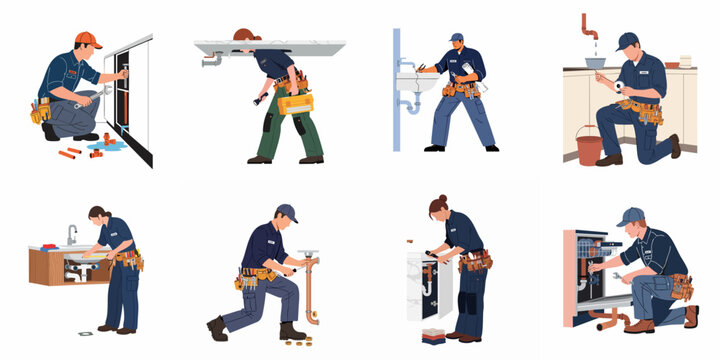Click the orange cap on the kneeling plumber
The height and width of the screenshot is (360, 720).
[87, 40]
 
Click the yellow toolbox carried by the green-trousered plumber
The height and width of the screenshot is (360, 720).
[295, 102]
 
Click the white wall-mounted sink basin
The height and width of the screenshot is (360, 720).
[412, 82]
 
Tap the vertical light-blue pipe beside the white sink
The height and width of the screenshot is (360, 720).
[397, 90]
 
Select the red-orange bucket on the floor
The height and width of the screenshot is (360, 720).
[588, 150]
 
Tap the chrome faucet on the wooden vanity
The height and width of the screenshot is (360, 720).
[72, 234]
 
